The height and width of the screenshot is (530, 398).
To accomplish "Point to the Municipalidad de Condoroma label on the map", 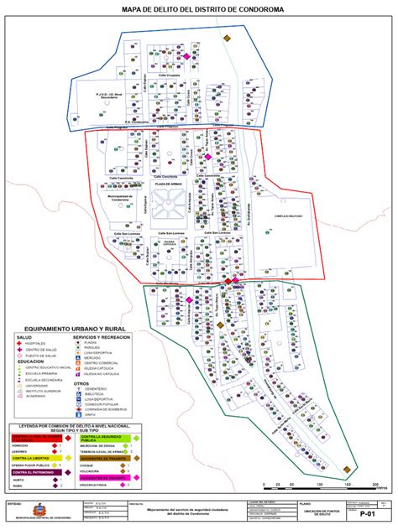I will (122, 199).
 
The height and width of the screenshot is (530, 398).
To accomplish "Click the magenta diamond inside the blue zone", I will (186, 57).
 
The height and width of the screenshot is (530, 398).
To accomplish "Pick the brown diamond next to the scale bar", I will (347, 470).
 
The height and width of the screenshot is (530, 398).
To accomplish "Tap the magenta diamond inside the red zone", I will (207, 156).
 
